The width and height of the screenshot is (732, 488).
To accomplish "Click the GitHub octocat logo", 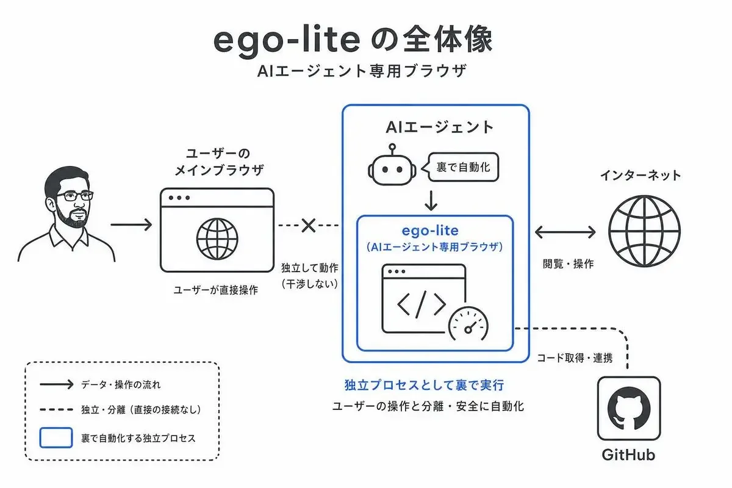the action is (629, 409).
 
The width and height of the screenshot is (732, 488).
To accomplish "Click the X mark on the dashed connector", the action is (308, 225).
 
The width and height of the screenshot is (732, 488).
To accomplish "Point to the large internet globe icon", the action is (644, 231).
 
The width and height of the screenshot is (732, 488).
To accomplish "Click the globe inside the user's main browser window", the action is (217, 239).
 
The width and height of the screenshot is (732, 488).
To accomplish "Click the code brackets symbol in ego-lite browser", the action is (422, 304).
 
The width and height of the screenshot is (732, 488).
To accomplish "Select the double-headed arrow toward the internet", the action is (565, 232).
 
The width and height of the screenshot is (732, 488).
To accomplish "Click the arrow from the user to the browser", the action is (131, 224).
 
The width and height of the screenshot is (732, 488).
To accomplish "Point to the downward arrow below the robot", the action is (431, 201).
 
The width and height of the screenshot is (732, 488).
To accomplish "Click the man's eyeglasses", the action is (74, 196).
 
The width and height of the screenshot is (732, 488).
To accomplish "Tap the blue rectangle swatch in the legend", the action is (56, 437).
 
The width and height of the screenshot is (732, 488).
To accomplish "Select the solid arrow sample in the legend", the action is (57, 384).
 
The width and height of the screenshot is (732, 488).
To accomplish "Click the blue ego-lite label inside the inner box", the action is (430, 231).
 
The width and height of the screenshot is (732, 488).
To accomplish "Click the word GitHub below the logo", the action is (628, 454).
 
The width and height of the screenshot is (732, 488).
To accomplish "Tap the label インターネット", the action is (640, 175).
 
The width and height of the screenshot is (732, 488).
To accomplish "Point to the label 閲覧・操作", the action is (568, 264).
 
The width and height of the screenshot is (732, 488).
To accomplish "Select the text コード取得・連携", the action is (575, 358).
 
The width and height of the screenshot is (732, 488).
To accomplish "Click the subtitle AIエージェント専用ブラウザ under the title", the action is (362, 71).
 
